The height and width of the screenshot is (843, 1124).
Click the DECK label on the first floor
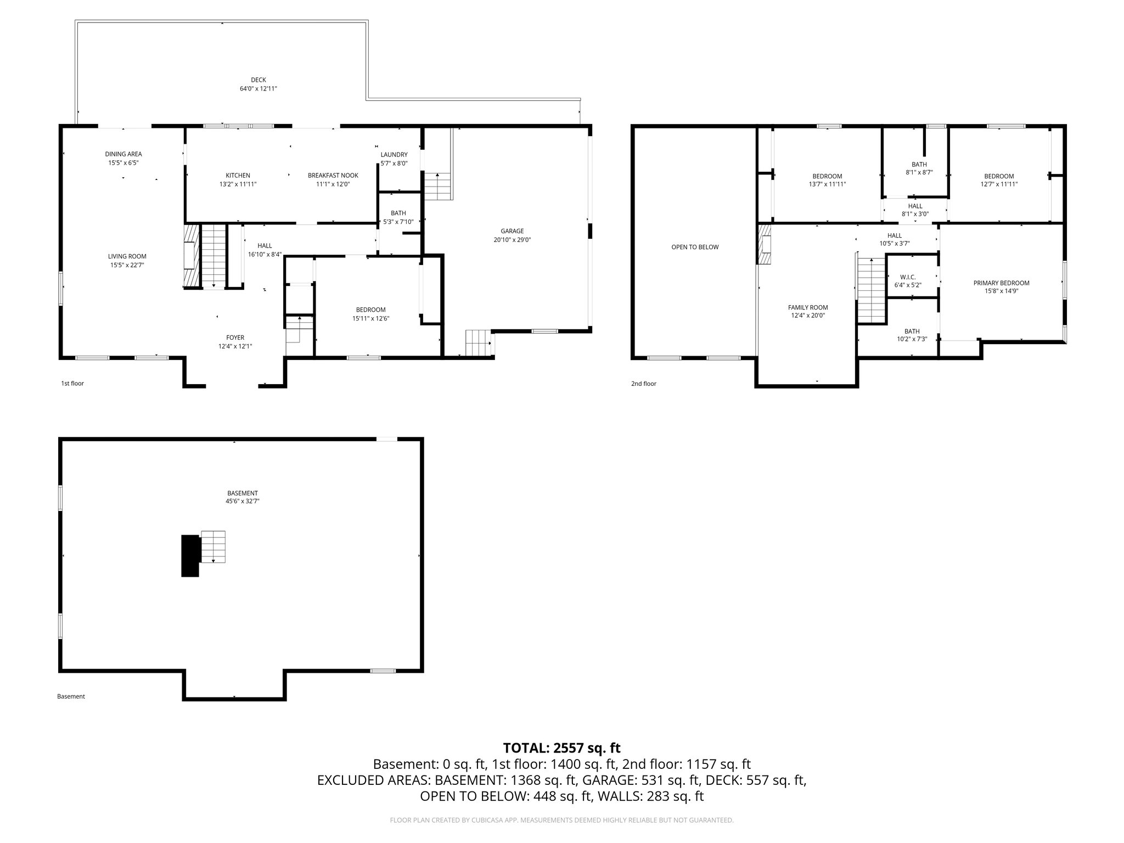point(258,80)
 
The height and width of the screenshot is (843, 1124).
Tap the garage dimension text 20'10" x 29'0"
point(512,240)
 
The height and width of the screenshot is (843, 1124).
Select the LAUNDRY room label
point(394,155)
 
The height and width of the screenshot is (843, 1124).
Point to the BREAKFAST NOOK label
point(333,176)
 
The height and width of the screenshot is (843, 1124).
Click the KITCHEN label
point(238,176)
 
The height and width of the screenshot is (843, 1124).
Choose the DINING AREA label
point(123,154)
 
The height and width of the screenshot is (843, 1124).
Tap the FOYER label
point(235,338)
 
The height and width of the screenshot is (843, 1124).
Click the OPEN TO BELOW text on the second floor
point(695,247)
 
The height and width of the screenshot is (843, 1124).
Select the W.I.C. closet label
point(908,277)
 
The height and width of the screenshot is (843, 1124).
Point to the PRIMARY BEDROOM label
point(1001,283)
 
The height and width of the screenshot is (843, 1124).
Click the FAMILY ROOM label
point(808,307)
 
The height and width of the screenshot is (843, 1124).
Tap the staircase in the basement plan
point(213,547)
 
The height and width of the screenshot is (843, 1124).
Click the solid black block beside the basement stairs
point(190,555)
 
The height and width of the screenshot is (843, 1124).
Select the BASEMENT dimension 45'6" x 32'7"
point(243,501)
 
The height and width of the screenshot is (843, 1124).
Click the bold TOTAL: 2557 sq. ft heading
point(561,748)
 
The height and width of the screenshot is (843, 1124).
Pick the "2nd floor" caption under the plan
point(643,384)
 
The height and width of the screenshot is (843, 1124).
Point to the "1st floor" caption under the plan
point(72,384)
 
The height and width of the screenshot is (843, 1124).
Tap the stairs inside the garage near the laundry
point(437,186)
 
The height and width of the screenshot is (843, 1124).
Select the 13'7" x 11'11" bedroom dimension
point(827,184)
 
